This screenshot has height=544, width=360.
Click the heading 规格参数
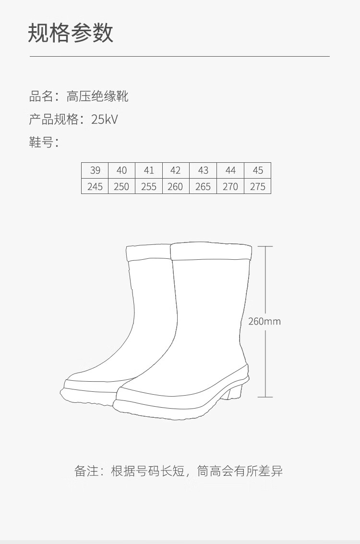[71, 33]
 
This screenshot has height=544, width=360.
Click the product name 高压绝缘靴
[97, 97]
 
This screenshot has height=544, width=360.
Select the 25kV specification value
[105, 120]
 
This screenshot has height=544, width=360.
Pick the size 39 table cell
[95, 170]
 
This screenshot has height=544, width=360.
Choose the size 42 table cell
[175, 170]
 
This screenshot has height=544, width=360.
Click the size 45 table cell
[258, 170]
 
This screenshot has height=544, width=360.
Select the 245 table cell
[95, 186]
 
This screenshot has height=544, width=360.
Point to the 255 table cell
[149, 186]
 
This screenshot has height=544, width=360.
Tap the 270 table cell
[230, 186]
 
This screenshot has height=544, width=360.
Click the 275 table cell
[258, 186]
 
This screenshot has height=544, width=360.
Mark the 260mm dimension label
[264, 321]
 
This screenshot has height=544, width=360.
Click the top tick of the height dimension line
[265, 246]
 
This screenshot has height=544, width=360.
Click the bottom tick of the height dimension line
[265, 397]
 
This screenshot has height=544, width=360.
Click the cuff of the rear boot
[148, 253]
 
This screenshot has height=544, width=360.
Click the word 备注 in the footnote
[85, 471]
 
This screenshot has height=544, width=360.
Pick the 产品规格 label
[53, 120]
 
